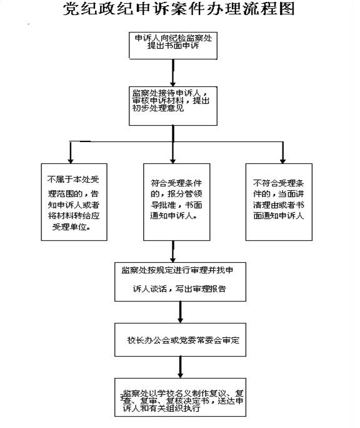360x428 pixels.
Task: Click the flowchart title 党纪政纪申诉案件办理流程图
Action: click(179, 9)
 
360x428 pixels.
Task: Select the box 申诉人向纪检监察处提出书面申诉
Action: click(173, 46)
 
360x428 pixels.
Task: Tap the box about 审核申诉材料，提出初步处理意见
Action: click(173, 106)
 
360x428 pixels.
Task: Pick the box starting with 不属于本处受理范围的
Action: click(74, 202)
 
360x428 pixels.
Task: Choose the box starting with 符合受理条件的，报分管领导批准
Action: click(177, 202)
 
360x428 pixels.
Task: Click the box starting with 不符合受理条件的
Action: click(279, 202)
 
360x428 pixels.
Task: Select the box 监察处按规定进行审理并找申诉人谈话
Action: click(180, 282)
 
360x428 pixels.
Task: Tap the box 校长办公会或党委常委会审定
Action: click(180, 340)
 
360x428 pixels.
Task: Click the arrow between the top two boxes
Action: click(173, 73)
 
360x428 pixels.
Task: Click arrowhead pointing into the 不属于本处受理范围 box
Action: click(71, 160)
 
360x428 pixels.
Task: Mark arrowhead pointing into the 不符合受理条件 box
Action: click(283, 160)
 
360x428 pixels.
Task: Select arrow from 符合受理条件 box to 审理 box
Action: click(173, 252)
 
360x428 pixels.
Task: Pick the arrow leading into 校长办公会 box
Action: click(180, 312)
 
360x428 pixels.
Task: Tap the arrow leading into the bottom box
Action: click(180, 367)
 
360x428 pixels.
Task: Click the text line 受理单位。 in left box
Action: click(71, 227)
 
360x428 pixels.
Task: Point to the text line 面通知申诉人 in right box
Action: click(279, 216)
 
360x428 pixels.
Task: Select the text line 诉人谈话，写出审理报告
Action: click(179, 288)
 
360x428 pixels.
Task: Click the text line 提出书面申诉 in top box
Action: click(173, 45)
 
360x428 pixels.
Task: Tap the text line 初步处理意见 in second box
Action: click(158, 108)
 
